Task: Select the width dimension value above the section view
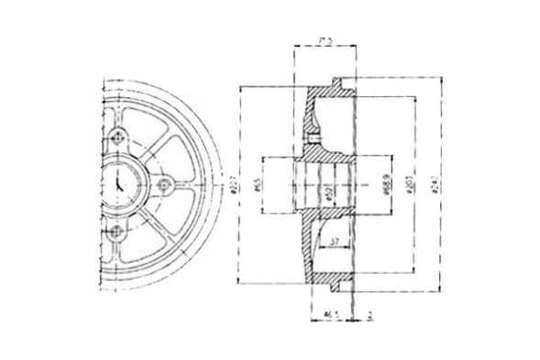point(322,40)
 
